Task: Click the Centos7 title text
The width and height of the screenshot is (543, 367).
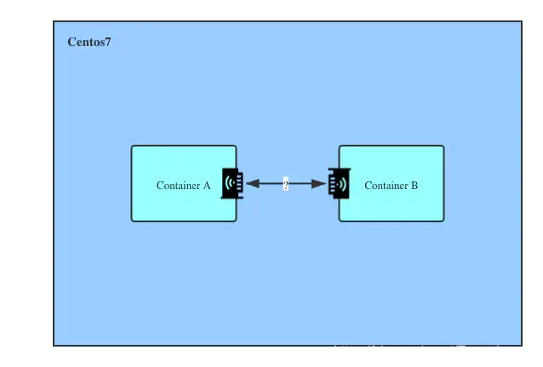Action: [x=89, y=43]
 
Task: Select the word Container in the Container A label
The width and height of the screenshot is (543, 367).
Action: [x=177, y=185]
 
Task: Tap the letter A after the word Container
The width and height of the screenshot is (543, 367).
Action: [x=206, y=185]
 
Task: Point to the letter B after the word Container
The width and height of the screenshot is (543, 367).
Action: [x=414, y=185]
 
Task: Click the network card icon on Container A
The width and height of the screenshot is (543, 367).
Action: [x=232, y=183]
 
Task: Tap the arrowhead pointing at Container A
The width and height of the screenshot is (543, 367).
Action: [x=252, y=183]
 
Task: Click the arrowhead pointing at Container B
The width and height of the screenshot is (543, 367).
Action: [x=319, y=183]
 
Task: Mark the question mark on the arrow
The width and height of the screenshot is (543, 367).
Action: [x=286, y=184]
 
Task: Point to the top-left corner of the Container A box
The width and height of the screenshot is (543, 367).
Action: [x=132, y=146]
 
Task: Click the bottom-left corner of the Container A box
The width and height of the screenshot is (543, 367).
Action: [x=132, y=221]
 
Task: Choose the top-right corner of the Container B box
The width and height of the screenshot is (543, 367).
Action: [x=443, y=146]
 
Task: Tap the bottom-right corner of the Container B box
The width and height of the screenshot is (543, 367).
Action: [x=443, y=221]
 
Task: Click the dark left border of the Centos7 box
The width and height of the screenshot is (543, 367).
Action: [x=51, y=183]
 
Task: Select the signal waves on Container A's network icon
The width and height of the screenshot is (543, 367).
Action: [x=227, y=182]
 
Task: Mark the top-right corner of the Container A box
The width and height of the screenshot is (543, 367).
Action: [x=235, y=146]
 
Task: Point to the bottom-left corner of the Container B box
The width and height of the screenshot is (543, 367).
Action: [x=340, y=221]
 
